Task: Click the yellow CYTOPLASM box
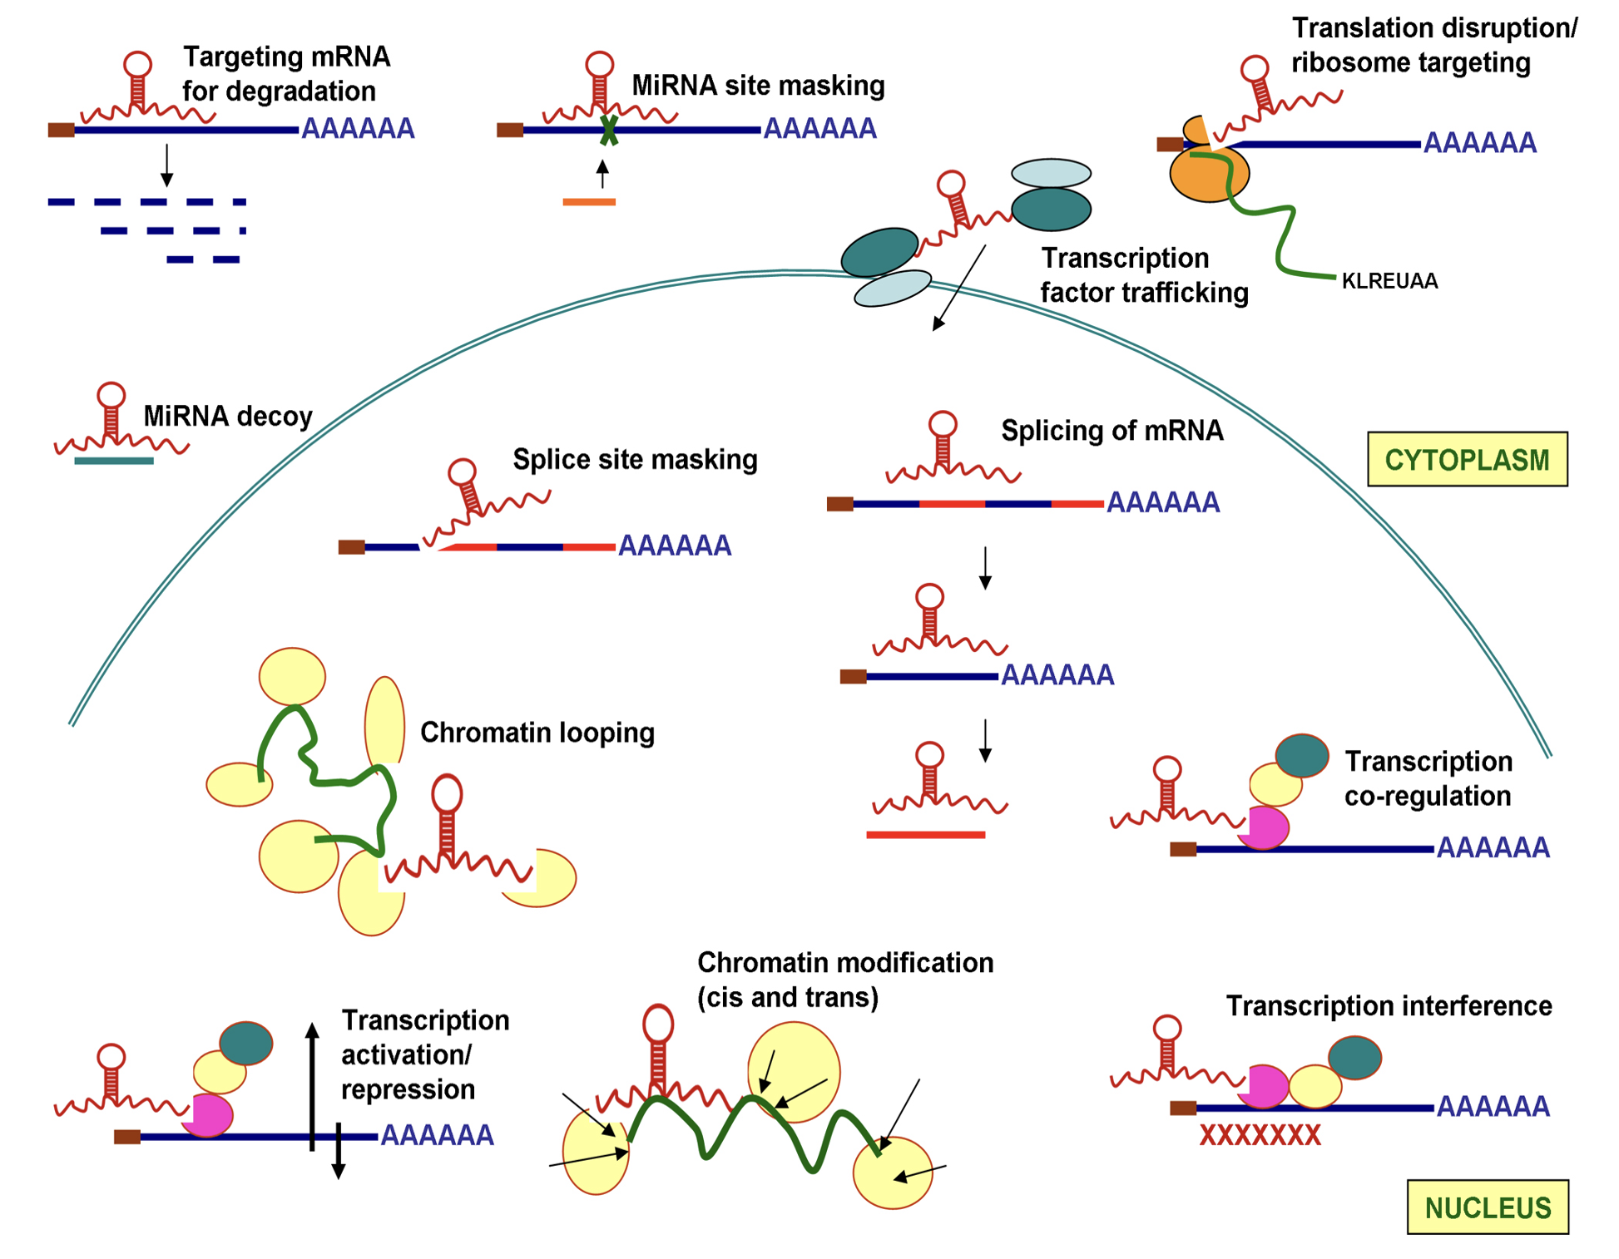coord(1467,459)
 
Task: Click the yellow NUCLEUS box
coord(1487,1207)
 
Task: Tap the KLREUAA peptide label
coord(1389,281)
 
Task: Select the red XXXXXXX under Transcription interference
coord(1260,1135)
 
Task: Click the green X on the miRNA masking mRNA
coord(609,131)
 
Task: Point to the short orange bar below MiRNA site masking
coord(589,202)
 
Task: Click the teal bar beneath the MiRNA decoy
coord(114,461)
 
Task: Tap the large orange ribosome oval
coord(1208,175)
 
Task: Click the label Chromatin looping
coord(537,733)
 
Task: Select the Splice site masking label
coord(635,459)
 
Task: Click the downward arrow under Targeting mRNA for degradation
coord(167,165)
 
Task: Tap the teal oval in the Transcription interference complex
coord(1354,1058)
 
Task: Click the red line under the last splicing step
coord(925,834)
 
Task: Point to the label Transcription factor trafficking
coord(1143,275)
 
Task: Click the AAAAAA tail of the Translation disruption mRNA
coord(1479,143)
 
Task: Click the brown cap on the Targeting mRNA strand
coord(62,130)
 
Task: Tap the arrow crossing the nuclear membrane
coord(959,288)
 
